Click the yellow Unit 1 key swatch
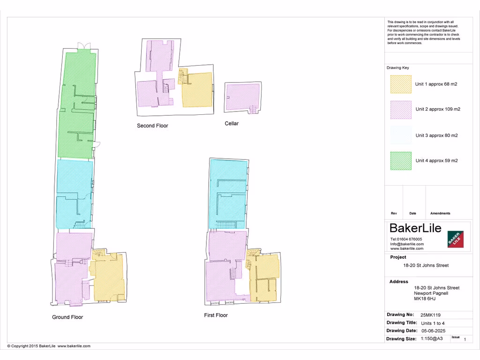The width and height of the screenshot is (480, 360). [x=401, y=84]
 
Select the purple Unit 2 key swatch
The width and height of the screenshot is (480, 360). [x=401, y=110]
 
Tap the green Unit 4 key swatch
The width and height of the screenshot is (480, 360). [x=401, y=161]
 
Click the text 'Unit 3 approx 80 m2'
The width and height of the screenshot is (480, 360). [x=436, y=135]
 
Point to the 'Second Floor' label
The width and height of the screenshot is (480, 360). [x=152, y=126]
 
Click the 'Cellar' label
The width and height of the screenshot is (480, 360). [x=232, y=124]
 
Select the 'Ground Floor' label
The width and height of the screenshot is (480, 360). [x=67, y=317]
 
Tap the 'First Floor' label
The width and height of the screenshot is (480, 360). [x=216, y=315]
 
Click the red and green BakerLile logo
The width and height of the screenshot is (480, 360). [x=455, y=239]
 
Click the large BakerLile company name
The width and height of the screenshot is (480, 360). [x=416, y=228]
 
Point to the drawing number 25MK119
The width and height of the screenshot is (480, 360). [x=430, y=315]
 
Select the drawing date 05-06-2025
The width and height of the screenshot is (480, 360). [x=435, y=330]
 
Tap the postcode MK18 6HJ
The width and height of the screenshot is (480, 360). [x=425, y=299]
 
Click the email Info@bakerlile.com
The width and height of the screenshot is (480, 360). [x=407, y=244]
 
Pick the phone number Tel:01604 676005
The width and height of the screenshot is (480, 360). [x=406, y=239]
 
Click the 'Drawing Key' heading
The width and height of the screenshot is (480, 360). [x=397, y=68]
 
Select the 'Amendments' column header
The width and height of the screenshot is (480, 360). [x=440, y=213]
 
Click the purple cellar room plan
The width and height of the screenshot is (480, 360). [x=242, y=97]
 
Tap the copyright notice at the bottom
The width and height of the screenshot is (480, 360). [x=49, y=346]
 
